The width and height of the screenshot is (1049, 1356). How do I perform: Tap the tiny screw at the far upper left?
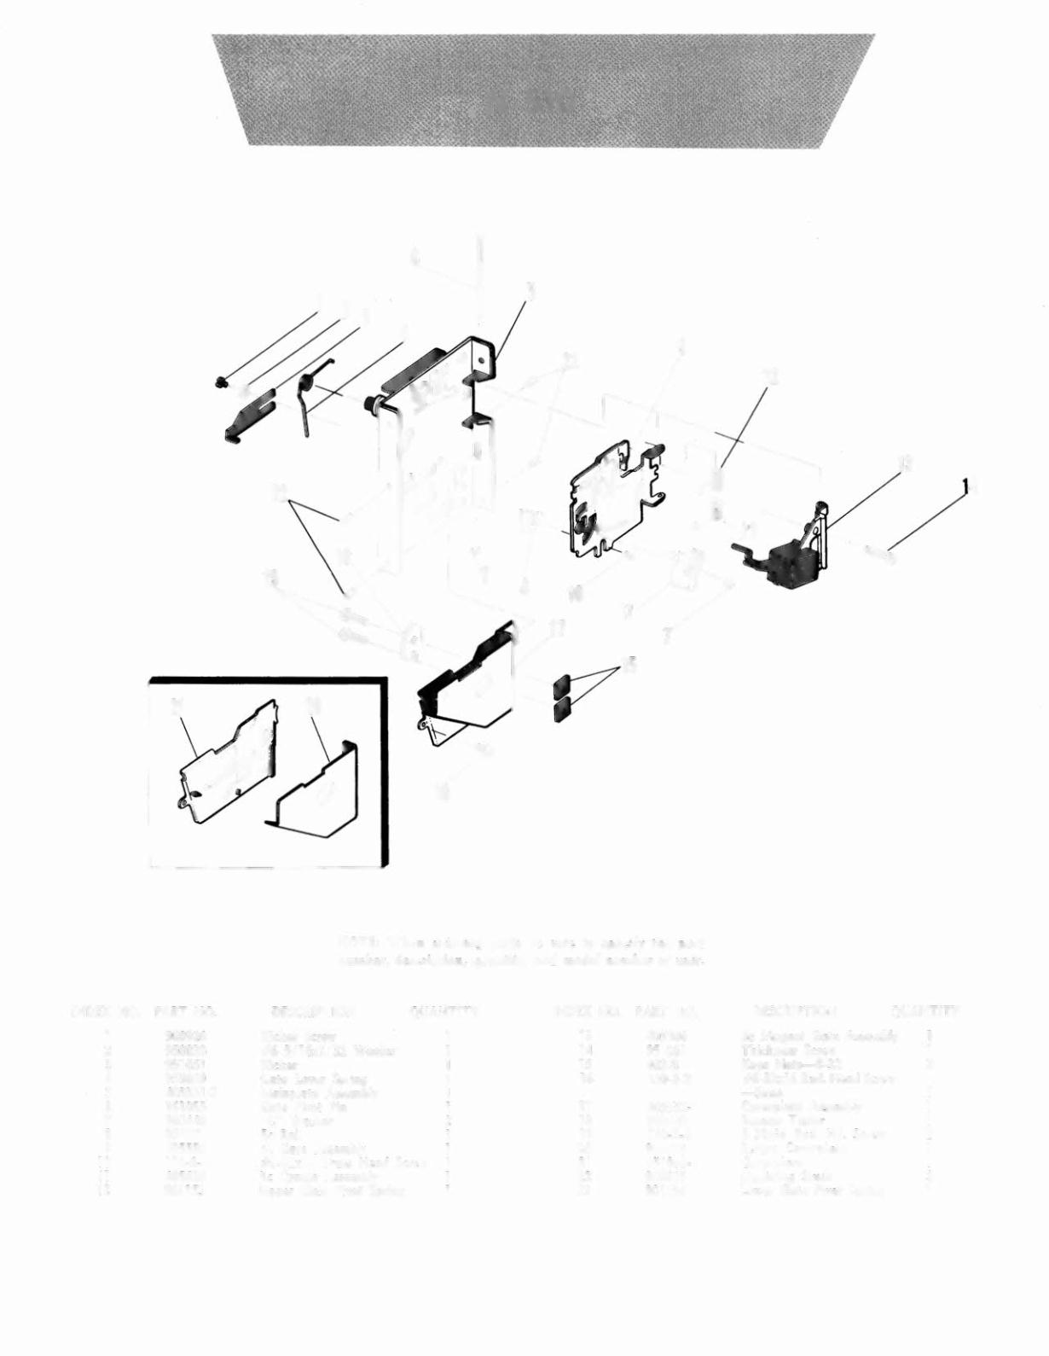pos(220,381)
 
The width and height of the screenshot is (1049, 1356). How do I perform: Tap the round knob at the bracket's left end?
pos(372,401)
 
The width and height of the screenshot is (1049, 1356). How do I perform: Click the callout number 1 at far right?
pos(965,486)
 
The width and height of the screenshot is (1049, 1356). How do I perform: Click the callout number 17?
pos(557,630)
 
